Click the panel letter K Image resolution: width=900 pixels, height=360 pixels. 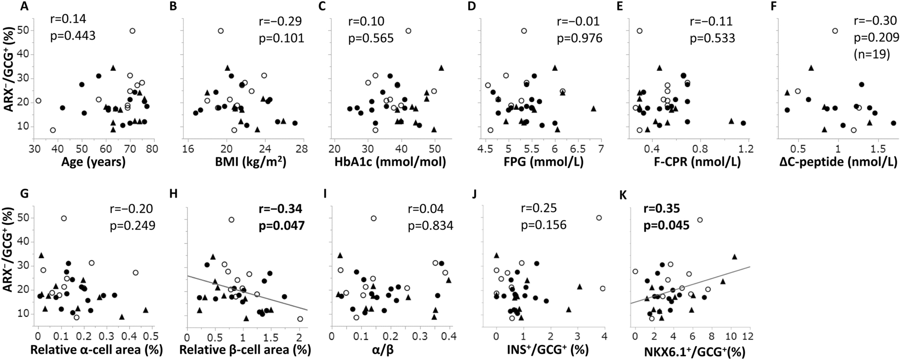(x=622, y=194)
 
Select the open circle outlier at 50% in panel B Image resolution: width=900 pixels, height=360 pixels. (x=221, y=31)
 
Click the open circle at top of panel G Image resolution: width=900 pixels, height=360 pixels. (x=64, y=218)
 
